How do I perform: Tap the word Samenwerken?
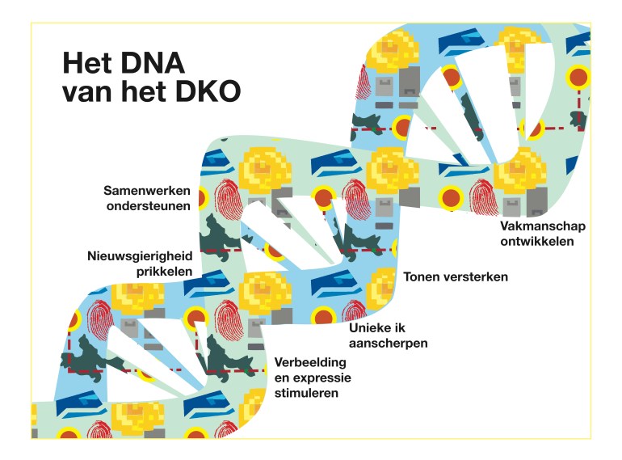click(147, 191)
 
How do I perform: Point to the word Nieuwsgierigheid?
click(139, 257)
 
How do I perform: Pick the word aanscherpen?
click(388, 343)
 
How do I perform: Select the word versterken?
click(478, 276)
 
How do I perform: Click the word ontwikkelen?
click(536, 241)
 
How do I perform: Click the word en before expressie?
click(282, 378)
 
